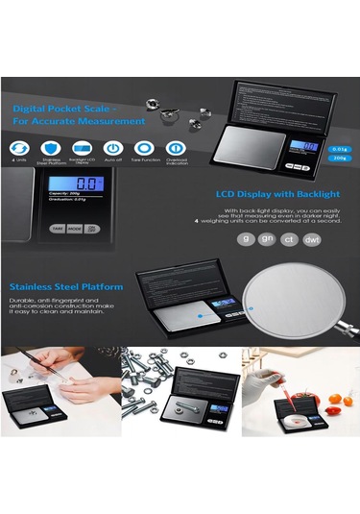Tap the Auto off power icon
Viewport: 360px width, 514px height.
tap(113, 146)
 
